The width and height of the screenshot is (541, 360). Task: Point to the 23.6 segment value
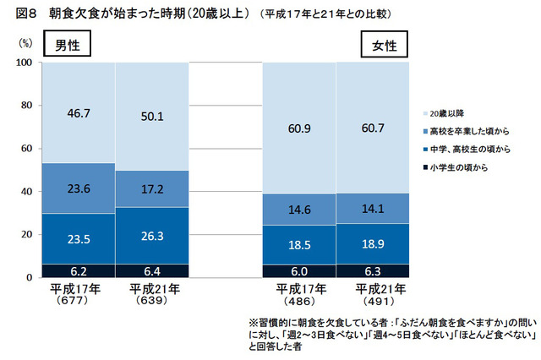[78, 189]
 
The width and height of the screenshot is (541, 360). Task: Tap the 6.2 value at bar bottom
[78, 270]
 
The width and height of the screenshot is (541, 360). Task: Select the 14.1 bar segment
[371, 208]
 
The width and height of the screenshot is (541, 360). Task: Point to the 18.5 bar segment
[299, 243]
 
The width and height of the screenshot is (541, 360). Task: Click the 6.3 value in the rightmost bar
[371, 270]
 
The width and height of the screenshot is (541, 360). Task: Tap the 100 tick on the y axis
[24, 63]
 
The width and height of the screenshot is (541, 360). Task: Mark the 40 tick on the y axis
[26, 191]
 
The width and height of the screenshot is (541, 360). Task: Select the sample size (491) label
[371, 299]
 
